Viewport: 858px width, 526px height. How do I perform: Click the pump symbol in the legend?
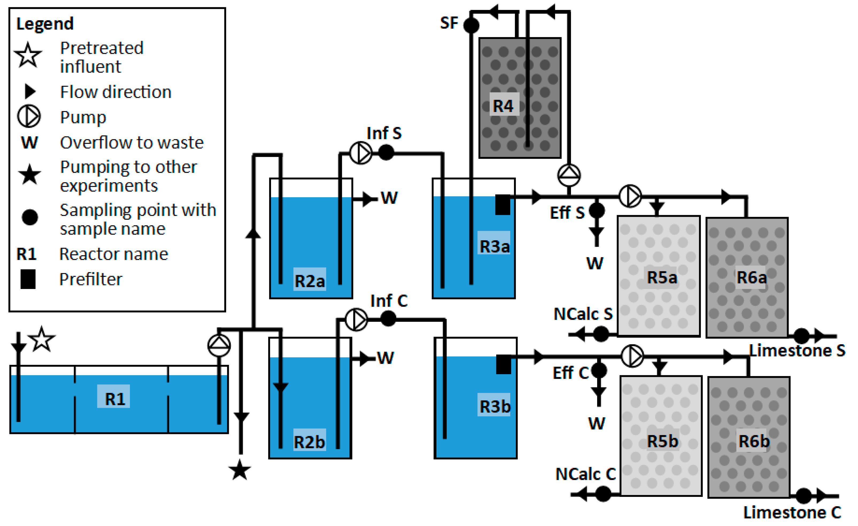(29, 117)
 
